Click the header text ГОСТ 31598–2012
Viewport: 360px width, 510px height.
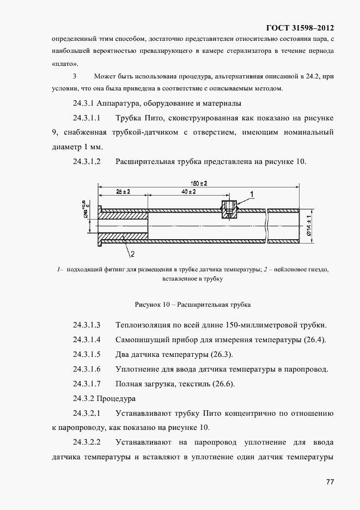pos(300,28)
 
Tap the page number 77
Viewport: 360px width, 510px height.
pos(330,482)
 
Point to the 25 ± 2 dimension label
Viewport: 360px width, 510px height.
pos(123,192)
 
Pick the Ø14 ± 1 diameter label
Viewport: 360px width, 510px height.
pos(309,225)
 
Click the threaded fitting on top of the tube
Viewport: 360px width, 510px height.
pos(229,209)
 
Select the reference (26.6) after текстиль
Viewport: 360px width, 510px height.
pos(223,384)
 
